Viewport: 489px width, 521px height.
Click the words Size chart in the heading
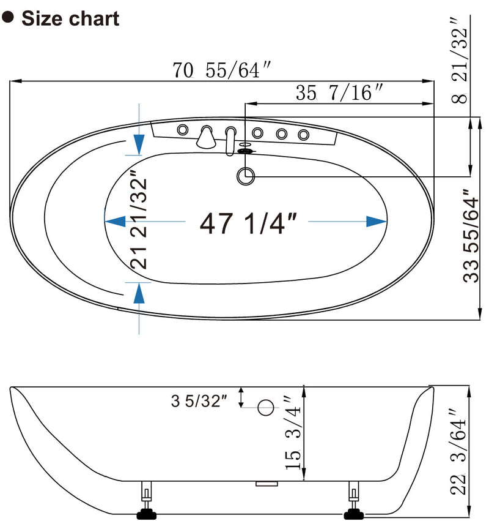[x=70, y=18]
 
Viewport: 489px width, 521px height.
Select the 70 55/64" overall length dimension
[x=222, y=71]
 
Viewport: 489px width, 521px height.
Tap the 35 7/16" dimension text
[x=339, y=93]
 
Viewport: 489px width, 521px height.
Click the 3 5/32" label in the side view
[x=199, y=402]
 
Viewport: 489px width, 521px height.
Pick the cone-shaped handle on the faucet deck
[x=206, y=137]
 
